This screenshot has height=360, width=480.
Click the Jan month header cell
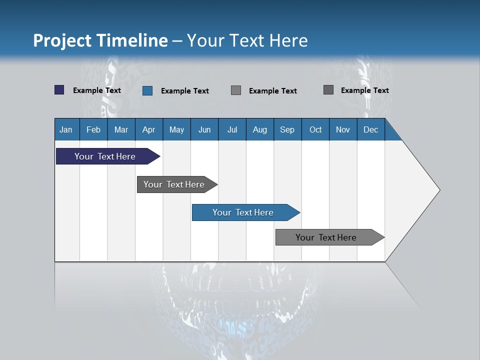pos(66,129)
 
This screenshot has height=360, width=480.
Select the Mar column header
pos(121,129)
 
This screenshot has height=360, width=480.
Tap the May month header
pos(176,129)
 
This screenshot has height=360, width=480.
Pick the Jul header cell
pos(232,129)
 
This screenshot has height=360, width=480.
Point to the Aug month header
pos(259,129)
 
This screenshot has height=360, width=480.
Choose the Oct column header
pos(315,129)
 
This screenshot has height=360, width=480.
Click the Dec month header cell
pos(370,129)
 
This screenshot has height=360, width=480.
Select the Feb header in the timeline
pos(93,129)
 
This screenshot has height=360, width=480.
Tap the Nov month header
pos(342,129)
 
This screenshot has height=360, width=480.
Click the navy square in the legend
pos(59,90)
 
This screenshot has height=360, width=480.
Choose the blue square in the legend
pos(147,90)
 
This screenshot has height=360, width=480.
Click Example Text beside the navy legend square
pos(97,90)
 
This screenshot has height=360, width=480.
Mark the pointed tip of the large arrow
pos(439,190)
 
